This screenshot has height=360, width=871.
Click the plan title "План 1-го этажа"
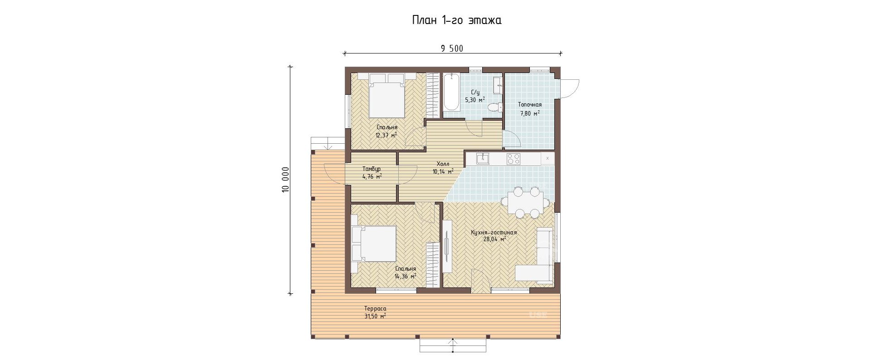pyautogui.click(x=456, y=20)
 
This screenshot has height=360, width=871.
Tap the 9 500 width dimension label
pyautogui.click(x=452, y=49)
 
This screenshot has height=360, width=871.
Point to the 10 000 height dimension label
pyautogui.click(x=285, y=180)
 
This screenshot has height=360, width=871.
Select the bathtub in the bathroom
pyautogui.click(x=451, y=92)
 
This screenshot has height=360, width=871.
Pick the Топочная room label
pyautogui.click(x=530, y=105)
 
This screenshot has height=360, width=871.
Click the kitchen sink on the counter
pyautogui.click(x=483, y=158)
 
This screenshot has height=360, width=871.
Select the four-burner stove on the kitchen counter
pyautogui.click(x=514, y=159)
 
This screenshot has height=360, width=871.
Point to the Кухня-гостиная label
pyautogui.click(x=494, y=232)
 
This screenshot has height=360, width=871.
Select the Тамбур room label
pyautogui.click(x=372, y=169)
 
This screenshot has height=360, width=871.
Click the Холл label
pyautogui.click(x=443, y=164)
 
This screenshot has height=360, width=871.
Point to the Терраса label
pyautogui.click(x=375, y=309)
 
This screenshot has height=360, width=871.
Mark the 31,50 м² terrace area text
pyautogui.click(x=375, y=316)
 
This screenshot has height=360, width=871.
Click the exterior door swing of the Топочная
pyautogui.click(x=570, y=89)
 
